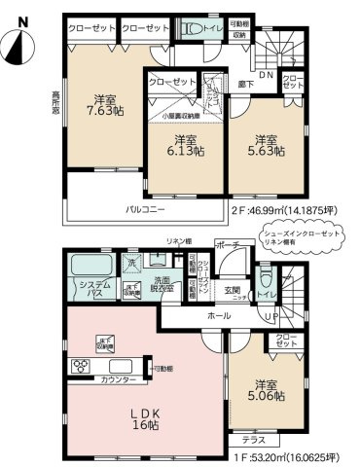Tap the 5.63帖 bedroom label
[263, 145]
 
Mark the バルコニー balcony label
[144, 208]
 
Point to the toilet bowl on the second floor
[198, 29]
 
